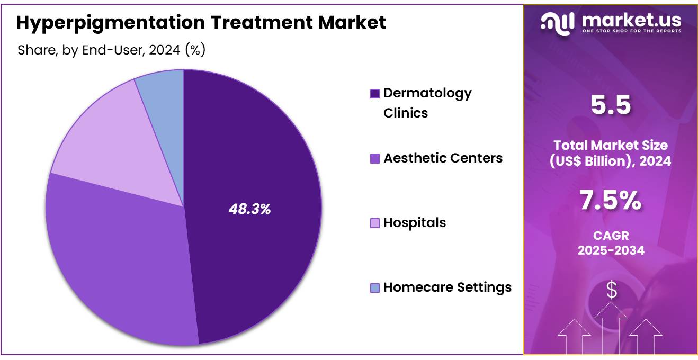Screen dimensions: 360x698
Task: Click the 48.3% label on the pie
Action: click(249, 209)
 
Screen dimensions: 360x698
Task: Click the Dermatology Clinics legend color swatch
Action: click(375, 94)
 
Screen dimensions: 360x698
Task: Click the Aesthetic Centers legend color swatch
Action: click(375, 158)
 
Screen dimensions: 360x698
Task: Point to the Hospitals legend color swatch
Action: click(375, 223)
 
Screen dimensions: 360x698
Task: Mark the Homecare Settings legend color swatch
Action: click(375, 288)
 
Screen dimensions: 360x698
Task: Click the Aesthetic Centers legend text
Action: click(443, 158)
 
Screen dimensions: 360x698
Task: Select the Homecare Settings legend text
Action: click(448, 287)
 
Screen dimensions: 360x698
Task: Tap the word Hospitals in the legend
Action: click(415, 223)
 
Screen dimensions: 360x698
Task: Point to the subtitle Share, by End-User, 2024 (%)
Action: click(111, 50)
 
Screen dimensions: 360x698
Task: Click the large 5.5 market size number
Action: click(611, 105)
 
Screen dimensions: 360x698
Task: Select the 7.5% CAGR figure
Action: click(611, 201)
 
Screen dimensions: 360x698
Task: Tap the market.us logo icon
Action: click(558, 22)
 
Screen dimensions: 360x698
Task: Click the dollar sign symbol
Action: click(612, 290)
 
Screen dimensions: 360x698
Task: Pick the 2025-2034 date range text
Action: click(611, 250)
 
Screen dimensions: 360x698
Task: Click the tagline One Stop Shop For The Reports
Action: click(631, 31)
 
